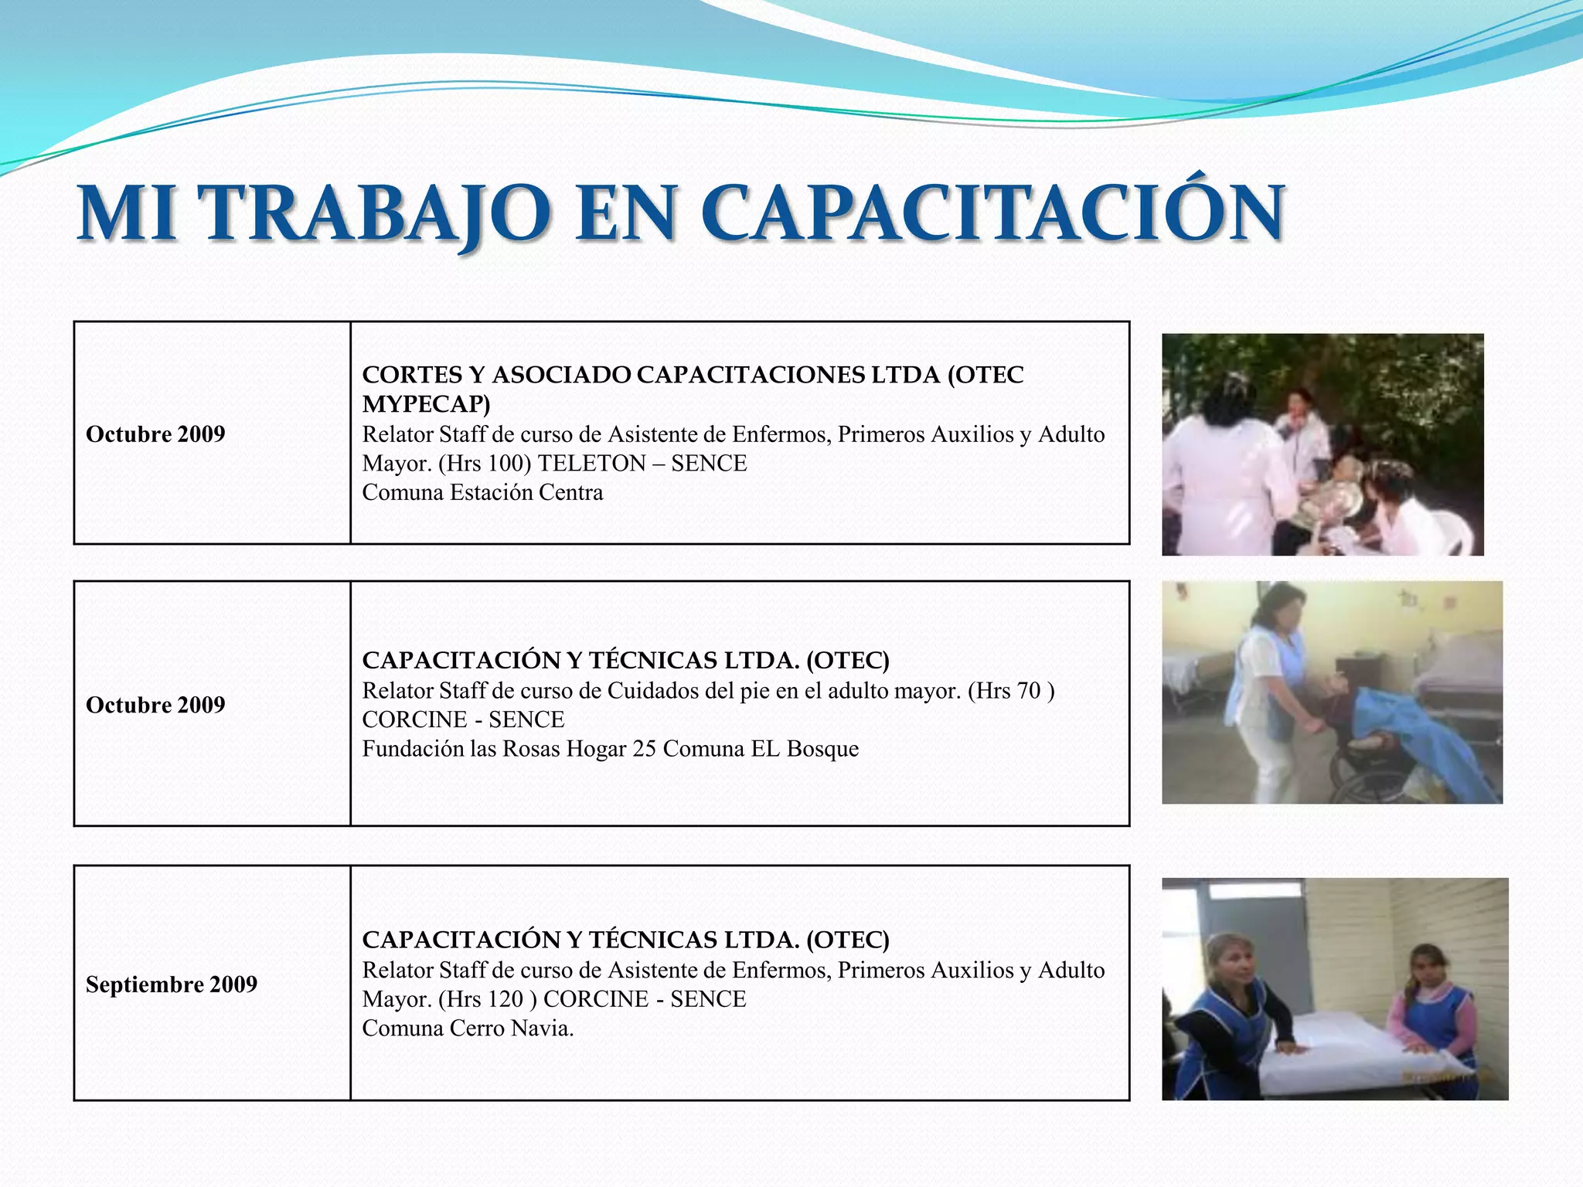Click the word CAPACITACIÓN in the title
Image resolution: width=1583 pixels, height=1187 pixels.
(x=992, y=213)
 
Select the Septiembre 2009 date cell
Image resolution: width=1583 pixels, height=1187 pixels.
(x=172, y=985)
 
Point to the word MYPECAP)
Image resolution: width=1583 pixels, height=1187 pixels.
(x=426, y=404)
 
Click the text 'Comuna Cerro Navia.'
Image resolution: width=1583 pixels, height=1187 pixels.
(x=468, y=1029)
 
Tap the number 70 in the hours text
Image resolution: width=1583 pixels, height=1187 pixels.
(x=1029, y=690)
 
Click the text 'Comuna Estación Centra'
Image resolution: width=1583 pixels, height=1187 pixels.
(x=482, y=493)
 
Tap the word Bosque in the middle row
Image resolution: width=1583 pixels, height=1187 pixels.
(x=822, y=749)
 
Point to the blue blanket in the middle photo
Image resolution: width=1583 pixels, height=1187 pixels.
(x=1438, y=734)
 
